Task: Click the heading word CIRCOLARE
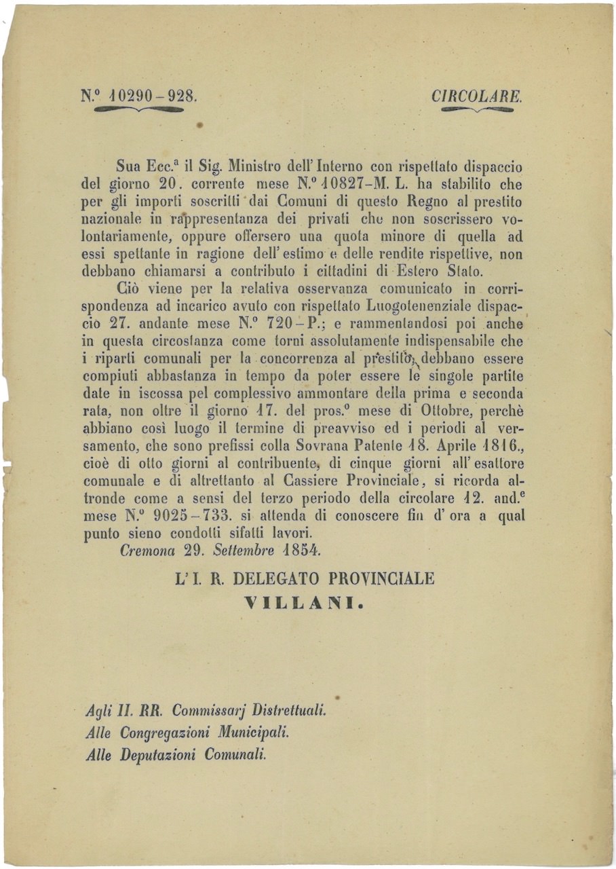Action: click(x=477, y=96)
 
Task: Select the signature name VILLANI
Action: click(x=303, y=602)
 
